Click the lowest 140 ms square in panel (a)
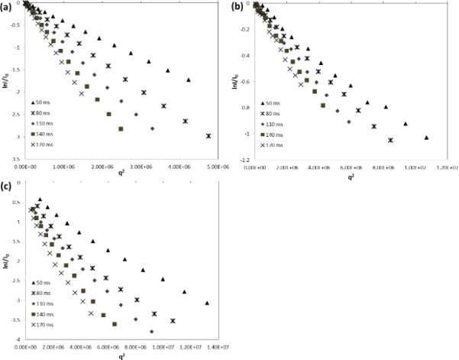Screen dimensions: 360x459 tap(121, 128)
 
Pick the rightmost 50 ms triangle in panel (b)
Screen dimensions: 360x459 tap(426, 138)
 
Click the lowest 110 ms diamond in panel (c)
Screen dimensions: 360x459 tap(151, 331)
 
